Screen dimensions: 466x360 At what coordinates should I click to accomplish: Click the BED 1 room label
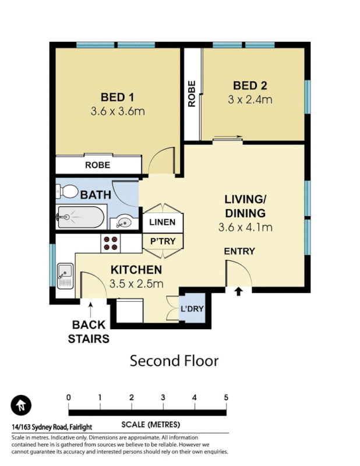pyautogui.click(x=117, y=97)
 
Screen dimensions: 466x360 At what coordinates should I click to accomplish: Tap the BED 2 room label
pyautogui.click(x=250, y=85)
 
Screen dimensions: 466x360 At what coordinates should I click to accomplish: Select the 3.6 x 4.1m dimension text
pyautogui.click(x=245, y=227)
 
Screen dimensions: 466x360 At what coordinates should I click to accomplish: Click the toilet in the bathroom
pyautogui.click(x=68, y=191)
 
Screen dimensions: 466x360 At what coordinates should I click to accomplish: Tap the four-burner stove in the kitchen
pyautogui.click(x=111, y=243)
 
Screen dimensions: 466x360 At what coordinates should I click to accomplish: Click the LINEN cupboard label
pyautogui.click(x=162, y=223)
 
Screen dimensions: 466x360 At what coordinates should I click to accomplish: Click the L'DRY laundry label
pyautogui.click(x=192, y=308)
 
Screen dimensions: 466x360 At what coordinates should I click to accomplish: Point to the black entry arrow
pyautogui.click(x=238, y=291)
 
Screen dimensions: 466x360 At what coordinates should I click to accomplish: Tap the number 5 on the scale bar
pyautogui.click(x=225, y=397)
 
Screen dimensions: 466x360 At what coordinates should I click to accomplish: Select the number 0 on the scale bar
pyautogui.click(x=69, y=397)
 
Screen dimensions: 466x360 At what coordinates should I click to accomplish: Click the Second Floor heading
pyautogui.click(x=174, y=361)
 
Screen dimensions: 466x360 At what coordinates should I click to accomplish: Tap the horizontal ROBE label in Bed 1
pyautogui.click(x=97, y=165)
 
